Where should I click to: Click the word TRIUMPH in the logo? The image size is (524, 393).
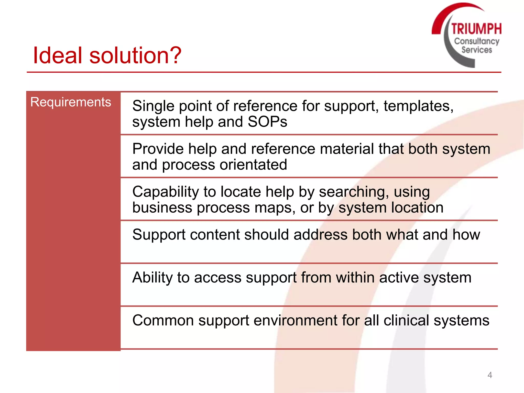476,28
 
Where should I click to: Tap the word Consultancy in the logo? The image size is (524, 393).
477,41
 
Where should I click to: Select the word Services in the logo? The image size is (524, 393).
477,50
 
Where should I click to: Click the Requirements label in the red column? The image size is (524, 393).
71,102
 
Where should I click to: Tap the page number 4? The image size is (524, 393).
490,375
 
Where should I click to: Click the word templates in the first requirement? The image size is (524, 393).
418,106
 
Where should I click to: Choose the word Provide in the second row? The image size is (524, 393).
158,149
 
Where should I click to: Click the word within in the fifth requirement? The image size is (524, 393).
355,277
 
